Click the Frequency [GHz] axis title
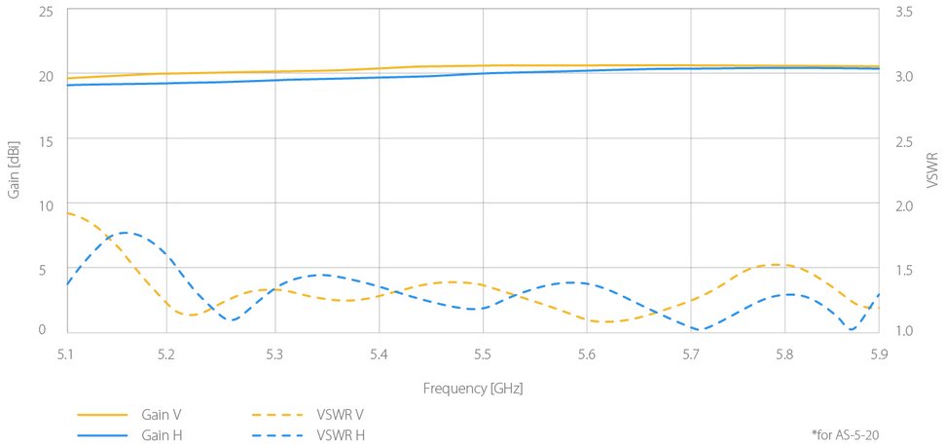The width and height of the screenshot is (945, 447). tap(472, 388)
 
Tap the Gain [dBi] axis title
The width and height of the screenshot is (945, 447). tap(14, 170)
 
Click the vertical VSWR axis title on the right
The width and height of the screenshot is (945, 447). tap(931, 169)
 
